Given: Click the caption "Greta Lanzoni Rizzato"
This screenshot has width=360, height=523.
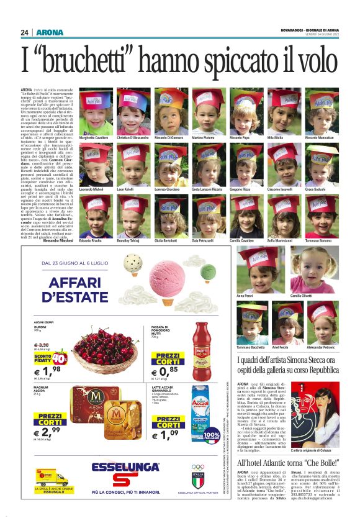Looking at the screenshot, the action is [209, 188].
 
